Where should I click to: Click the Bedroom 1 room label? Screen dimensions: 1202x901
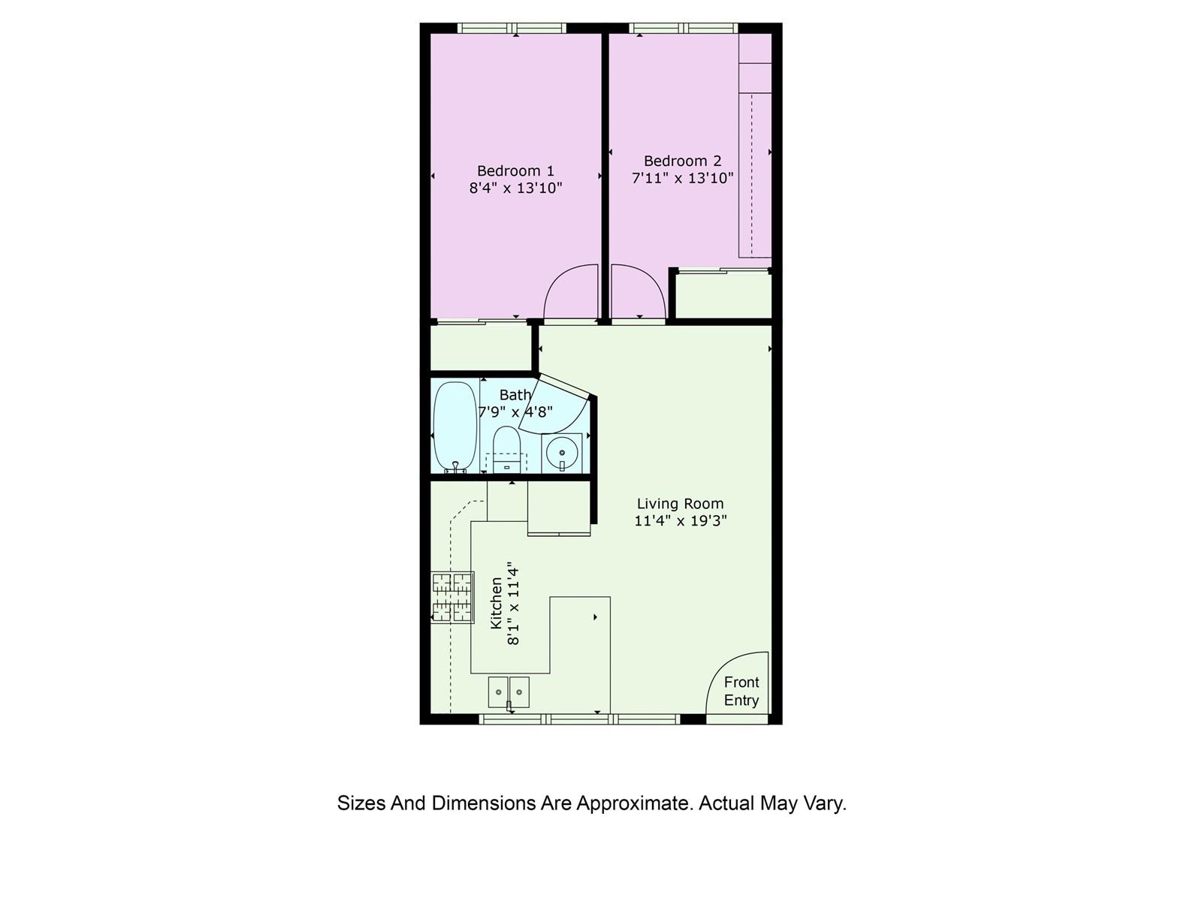pyautogui.click(x=515, y=170)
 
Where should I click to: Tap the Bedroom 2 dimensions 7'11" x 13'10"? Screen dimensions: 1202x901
pyautogui.click(x=682, y=178)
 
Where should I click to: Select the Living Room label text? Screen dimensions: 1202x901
pyautogui.click(x=680, y=503)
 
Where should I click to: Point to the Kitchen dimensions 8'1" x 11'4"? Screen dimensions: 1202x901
pyautogui.click(x=512, y=603)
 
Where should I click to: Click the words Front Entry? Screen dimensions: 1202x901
pyautogui.click(x=741, y=691)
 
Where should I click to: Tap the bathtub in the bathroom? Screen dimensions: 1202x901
pyautogui.click(x=455, y=426)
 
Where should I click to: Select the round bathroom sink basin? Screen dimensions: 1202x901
pyautogui.click(x=562, y=453)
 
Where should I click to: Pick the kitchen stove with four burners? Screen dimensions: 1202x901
pyautogui.click(x=452, y=598)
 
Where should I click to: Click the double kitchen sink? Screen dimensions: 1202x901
pyautogui.click(x=509, y=692)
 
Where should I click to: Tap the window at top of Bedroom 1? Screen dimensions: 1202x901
pyautogui.click(x=512, y=28)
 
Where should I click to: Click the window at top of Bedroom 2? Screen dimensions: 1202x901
pyautogui.click(x=684, y=28)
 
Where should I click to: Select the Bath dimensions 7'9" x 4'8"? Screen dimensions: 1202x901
pyautogui.click(x=515, y=412)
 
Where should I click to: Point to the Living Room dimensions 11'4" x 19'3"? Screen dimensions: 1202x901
pyautogui.click(x=680, y=520)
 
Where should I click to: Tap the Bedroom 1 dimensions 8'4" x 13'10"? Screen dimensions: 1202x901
pyautogui.click(x=515, y=188)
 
